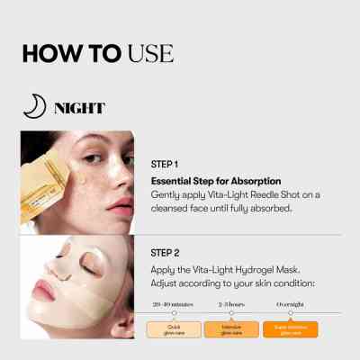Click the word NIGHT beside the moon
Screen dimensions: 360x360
click(x=79, y=109)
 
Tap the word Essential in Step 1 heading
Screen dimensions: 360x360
click(x=174, y=181)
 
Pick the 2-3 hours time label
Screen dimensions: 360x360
click(x=225, y=306)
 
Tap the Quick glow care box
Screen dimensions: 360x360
click(x=173, y=329)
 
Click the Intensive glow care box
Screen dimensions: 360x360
click(x=225, y=329)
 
